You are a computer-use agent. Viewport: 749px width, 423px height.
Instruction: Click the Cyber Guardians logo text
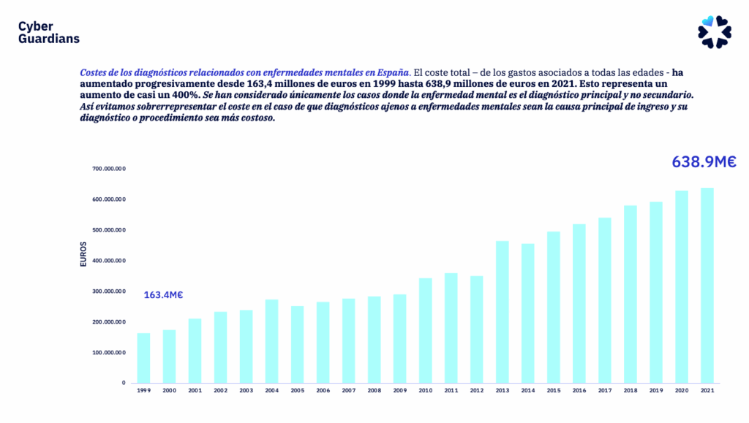coord(48,32)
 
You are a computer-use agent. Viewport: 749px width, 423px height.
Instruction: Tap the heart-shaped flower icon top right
coord(714,32)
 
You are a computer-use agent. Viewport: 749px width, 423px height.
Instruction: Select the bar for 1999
coord(144,358)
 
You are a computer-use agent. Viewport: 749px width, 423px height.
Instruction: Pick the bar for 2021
coord(707,286)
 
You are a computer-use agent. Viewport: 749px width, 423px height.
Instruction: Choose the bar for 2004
coord(272,341)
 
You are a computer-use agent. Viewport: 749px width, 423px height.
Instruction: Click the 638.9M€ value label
coord(704,162)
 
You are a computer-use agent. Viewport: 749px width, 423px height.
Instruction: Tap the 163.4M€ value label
coord(163,295)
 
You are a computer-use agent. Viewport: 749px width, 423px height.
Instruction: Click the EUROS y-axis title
coord(83,254)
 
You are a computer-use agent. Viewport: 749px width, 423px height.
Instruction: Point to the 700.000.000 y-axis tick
coord(109,169)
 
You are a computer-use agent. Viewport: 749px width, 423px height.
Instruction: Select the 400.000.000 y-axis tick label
coord(109,261)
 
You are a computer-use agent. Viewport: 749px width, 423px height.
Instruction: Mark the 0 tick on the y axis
coord(124,383)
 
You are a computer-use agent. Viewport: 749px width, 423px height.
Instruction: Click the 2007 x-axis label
coord(349,391)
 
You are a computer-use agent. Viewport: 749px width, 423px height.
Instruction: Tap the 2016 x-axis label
coord(579,391)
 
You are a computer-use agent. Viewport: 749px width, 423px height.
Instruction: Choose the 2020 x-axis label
coord(682,391)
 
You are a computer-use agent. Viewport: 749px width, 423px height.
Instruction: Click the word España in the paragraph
coord(394,73)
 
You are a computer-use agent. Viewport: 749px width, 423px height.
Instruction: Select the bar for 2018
coord(631,294)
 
